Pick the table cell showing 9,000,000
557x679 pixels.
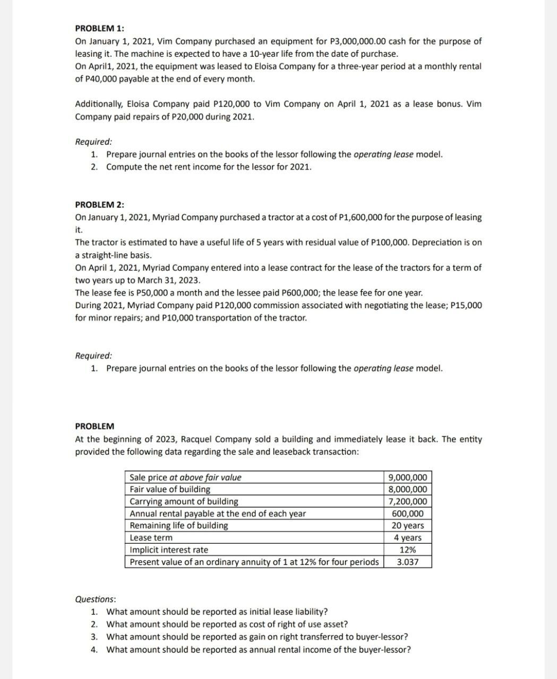tap(407, 477)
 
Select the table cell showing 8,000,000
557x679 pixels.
tap(407, 490)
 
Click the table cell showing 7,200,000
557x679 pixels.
tap(407, 502)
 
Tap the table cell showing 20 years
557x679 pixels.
tap(407, 526)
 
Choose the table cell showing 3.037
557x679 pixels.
tap(407, 562)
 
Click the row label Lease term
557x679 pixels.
tap(151, 538)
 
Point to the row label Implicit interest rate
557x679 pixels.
tap(169, 550)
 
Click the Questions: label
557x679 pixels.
tap(96, 599)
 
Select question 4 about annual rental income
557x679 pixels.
tap(258, 650)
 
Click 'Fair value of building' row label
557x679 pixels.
tap(170, 490)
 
